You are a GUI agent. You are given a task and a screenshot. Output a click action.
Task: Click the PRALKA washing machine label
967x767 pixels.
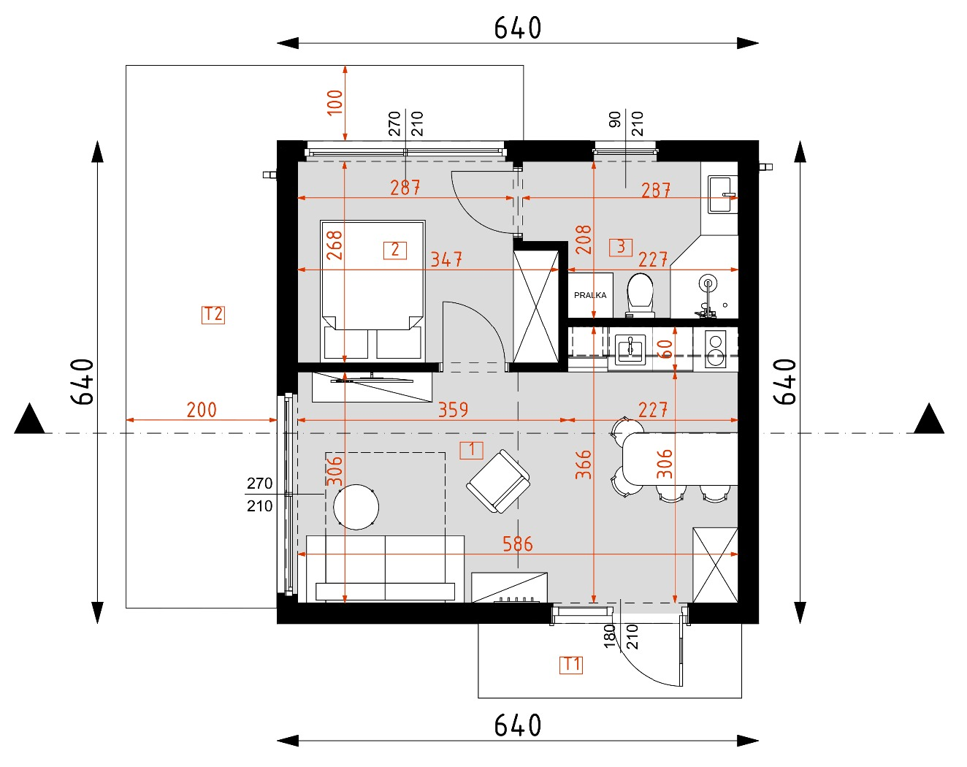click(x=590, y=295)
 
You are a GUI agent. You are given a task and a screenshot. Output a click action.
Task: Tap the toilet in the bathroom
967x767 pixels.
click(x=641, y=294)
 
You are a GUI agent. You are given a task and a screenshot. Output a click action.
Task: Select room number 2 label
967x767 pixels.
click(x=395, y=250)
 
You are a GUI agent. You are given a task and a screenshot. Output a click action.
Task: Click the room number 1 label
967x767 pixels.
click(x=471, y=450)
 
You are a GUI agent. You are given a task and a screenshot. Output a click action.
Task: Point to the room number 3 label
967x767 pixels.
click(x=621, y=247)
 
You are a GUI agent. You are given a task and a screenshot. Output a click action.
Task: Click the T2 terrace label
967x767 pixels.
click(x=213, y=314)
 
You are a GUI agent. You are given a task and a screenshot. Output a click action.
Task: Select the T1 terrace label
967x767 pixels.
click(x=571, y=664)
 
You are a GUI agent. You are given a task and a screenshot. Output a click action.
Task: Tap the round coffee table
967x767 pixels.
click(x=356, y=506)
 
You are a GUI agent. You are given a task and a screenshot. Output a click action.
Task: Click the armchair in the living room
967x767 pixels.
click(x=498, y=481)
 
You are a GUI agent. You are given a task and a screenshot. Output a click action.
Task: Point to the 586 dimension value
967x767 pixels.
click(x=517, y=543)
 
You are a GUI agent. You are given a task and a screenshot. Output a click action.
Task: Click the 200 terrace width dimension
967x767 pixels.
click(x=202, y=410)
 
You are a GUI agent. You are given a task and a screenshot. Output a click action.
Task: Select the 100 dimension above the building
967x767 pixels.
click(x=335, y=102)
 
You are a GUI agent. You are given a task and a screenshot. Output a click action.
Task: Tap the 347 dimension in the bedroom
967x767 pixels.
click(x=446, y=259)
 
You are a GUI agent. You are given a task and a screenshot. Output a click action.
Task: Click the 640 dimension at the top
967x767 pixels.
click(x=517, y=28)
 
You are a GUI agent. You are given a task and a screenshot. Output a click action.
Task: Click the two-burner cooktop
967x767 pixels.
click(x=715, y=350)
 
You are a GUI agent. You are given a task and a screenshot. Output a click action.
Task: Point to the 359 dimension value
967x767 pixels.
click(x=453, y=410)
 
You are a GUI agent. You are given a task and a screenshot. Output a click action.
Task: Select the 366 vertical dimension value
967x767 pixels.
click(x=583, y=465)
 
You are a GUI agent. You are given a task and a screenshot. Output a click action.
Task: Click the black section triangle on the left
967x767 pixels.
click(x=30, y=419)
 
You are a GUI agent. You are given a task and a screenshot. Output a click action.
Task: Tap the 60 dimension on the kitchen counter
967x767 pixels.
click(x=665, y=348)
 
